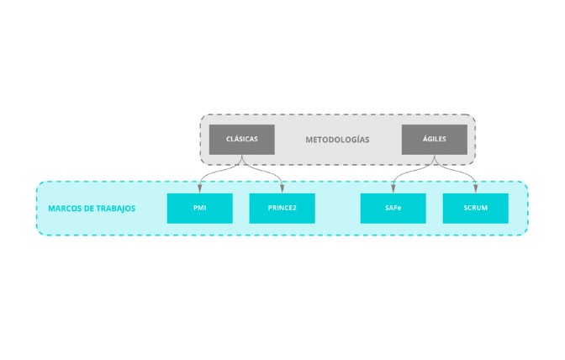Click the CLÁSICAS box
[x=241, y=140]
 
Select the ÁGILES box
[x=434, y=140]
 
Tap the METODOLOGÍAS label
[x=337, y=140]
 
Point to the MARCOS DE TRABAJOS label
[x=92, y=209]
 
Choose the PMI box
[x=199, y=209]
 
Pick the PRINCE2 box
[x=282, y=209]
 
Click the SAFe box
[x=393, y=209]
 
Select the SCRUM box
[x=475, y=209]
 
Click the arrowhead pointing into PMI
[x=200, y=189]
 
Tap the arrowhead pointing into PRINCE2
[x=282, y=189]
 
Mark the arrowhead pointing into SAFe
[x=393, y=189]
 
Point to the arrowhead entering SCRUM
[x=476, y=189]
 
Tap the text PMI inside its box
[x=199, y=208]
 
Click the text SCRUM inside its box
[x=475, y=208]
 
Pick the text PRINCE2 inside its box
[x=282, y=208]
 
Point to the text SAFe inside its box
[x=393, y=208]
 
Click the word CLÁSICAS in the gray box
[x=241, y=139]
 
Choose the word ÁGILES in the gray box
[x=434, y=139]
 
